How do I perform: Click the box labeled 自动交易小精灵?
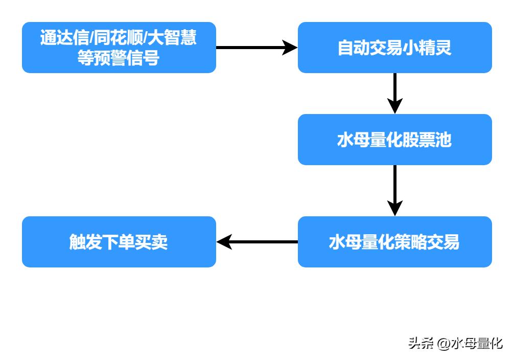pos(394,48)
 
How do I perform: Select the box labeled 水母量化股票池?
pos(394,140)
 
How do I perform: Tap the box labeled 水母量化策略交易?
pos(394,242)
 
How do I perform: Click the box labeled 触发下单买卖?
pos(119,242)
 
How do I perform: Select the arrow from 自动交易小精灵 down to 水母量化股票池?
pos(394,93)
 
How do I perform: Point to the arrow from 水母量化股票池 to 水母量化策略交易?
pos(394,190)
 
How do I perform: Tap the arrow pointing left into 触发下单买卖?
pos(257,242)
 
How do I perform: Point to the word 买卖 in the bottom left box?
pos(151,242)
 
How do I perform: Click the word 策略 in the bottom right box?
pos(410,242)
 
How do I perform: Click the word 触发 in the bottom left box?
pos(85,242)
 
